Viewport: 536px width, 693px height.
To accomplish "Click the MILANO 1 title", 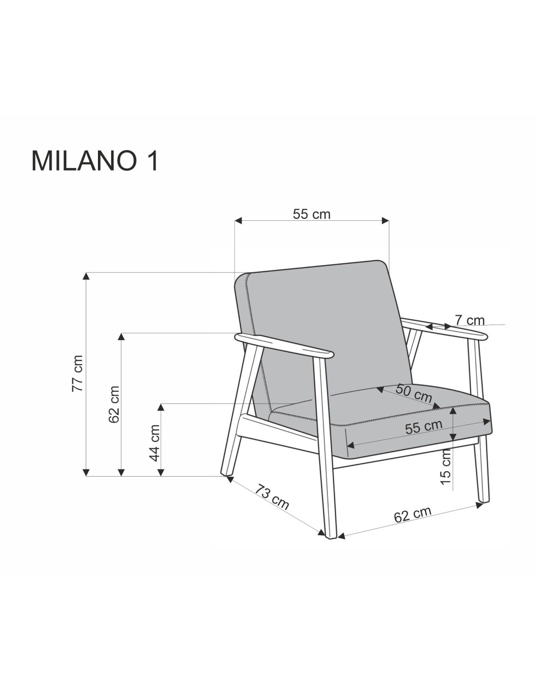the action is pos(95,161).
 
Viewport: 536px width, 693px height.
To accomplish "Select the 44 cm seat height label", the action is pos(154,443).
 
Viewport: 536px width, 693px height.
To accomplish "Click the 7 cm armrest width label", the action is pos(469,320).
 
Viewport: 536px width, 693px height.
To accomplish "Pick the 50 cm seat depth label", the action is pos(414,393).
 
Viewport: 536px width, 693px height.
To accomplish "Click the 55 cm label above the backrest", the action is pos(311,214).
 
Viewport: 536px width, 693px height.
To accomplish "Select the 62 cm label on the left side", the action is pos(114,404).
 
